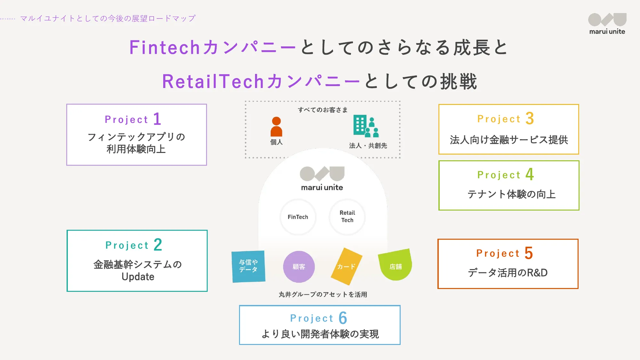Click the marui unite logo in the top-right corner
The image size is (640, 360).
tap(607, 24)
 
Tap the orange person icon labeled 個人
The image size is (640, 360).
tap(276, 127)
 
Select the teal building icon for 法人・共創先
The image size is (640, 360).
tap(366, 126)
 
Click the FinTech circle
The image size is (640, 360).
tap(298, 217)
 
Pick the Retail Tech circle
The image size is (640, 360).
tap(347, 217)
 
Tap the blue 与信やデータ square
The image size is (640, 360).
tap(248, 267)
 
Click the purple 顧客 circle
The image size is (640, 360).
tap(299, 267)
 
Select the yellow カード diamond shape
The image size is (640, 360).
tap(346, 266)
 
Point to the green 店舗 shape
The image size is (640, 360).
tap(396, 265)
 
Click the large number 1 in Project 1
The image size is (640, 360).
tap(157, 119)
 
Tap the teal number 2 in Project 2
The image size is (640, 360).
tap(158, 245)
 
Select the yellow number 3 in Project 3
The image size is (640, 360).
tap(530, 118)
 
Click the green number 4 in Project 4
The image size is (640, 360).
tap(530, 174)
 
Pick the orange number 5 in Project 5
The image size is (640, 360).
tap(529, 253)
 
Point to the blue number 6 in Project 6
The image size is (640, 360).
tap(343, 318)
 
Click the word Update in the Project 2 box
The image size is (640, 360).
tap(138, 277)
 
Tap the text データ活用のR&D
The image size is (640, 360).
tap(508, 273)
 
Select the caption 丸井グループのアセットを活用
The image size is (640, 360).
tap(323, 294)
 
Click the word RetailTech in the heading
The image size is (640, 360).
tap(213, 81)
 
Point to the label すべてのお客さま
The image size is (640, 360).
tap(323, 110)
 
